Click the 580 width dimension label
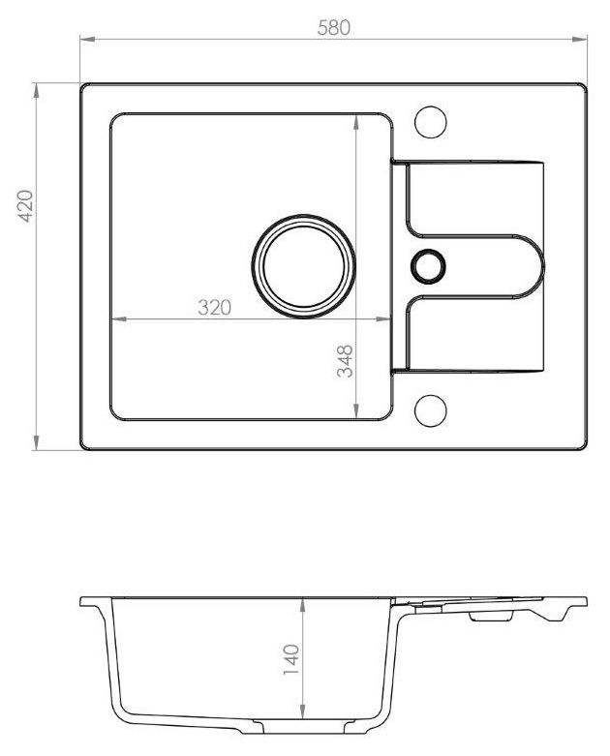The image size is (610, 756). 334,28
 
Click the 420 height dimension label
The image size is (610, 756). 25,206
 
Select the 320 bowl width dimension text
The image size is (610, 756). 215,307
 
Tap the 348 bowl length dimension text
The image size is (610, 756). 345,361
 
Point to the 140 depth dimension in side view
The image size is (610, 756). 291,659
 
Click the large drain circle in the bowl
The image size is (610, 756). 304,266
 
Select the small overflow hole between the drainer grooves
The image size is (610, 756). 428,266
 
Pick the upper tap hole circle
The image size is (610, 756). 431,122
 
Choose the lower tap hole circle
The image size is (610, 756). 431,410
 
